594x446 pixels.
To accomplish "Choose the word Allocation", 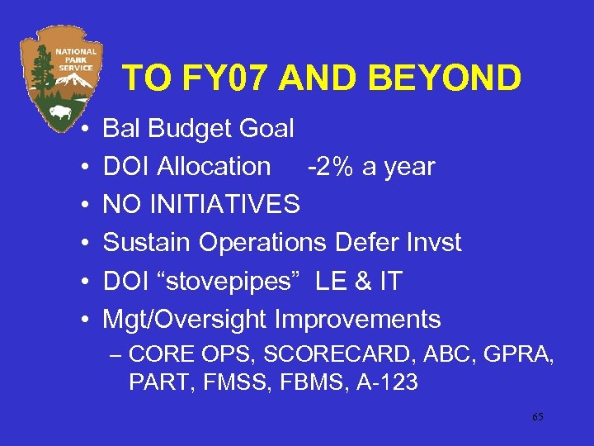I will tap(214, 167).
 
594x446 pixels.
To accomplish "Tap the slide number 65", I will tap(537, 417).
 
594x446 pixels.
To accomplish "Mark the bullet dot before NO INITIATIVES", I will tap(86, 205).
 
